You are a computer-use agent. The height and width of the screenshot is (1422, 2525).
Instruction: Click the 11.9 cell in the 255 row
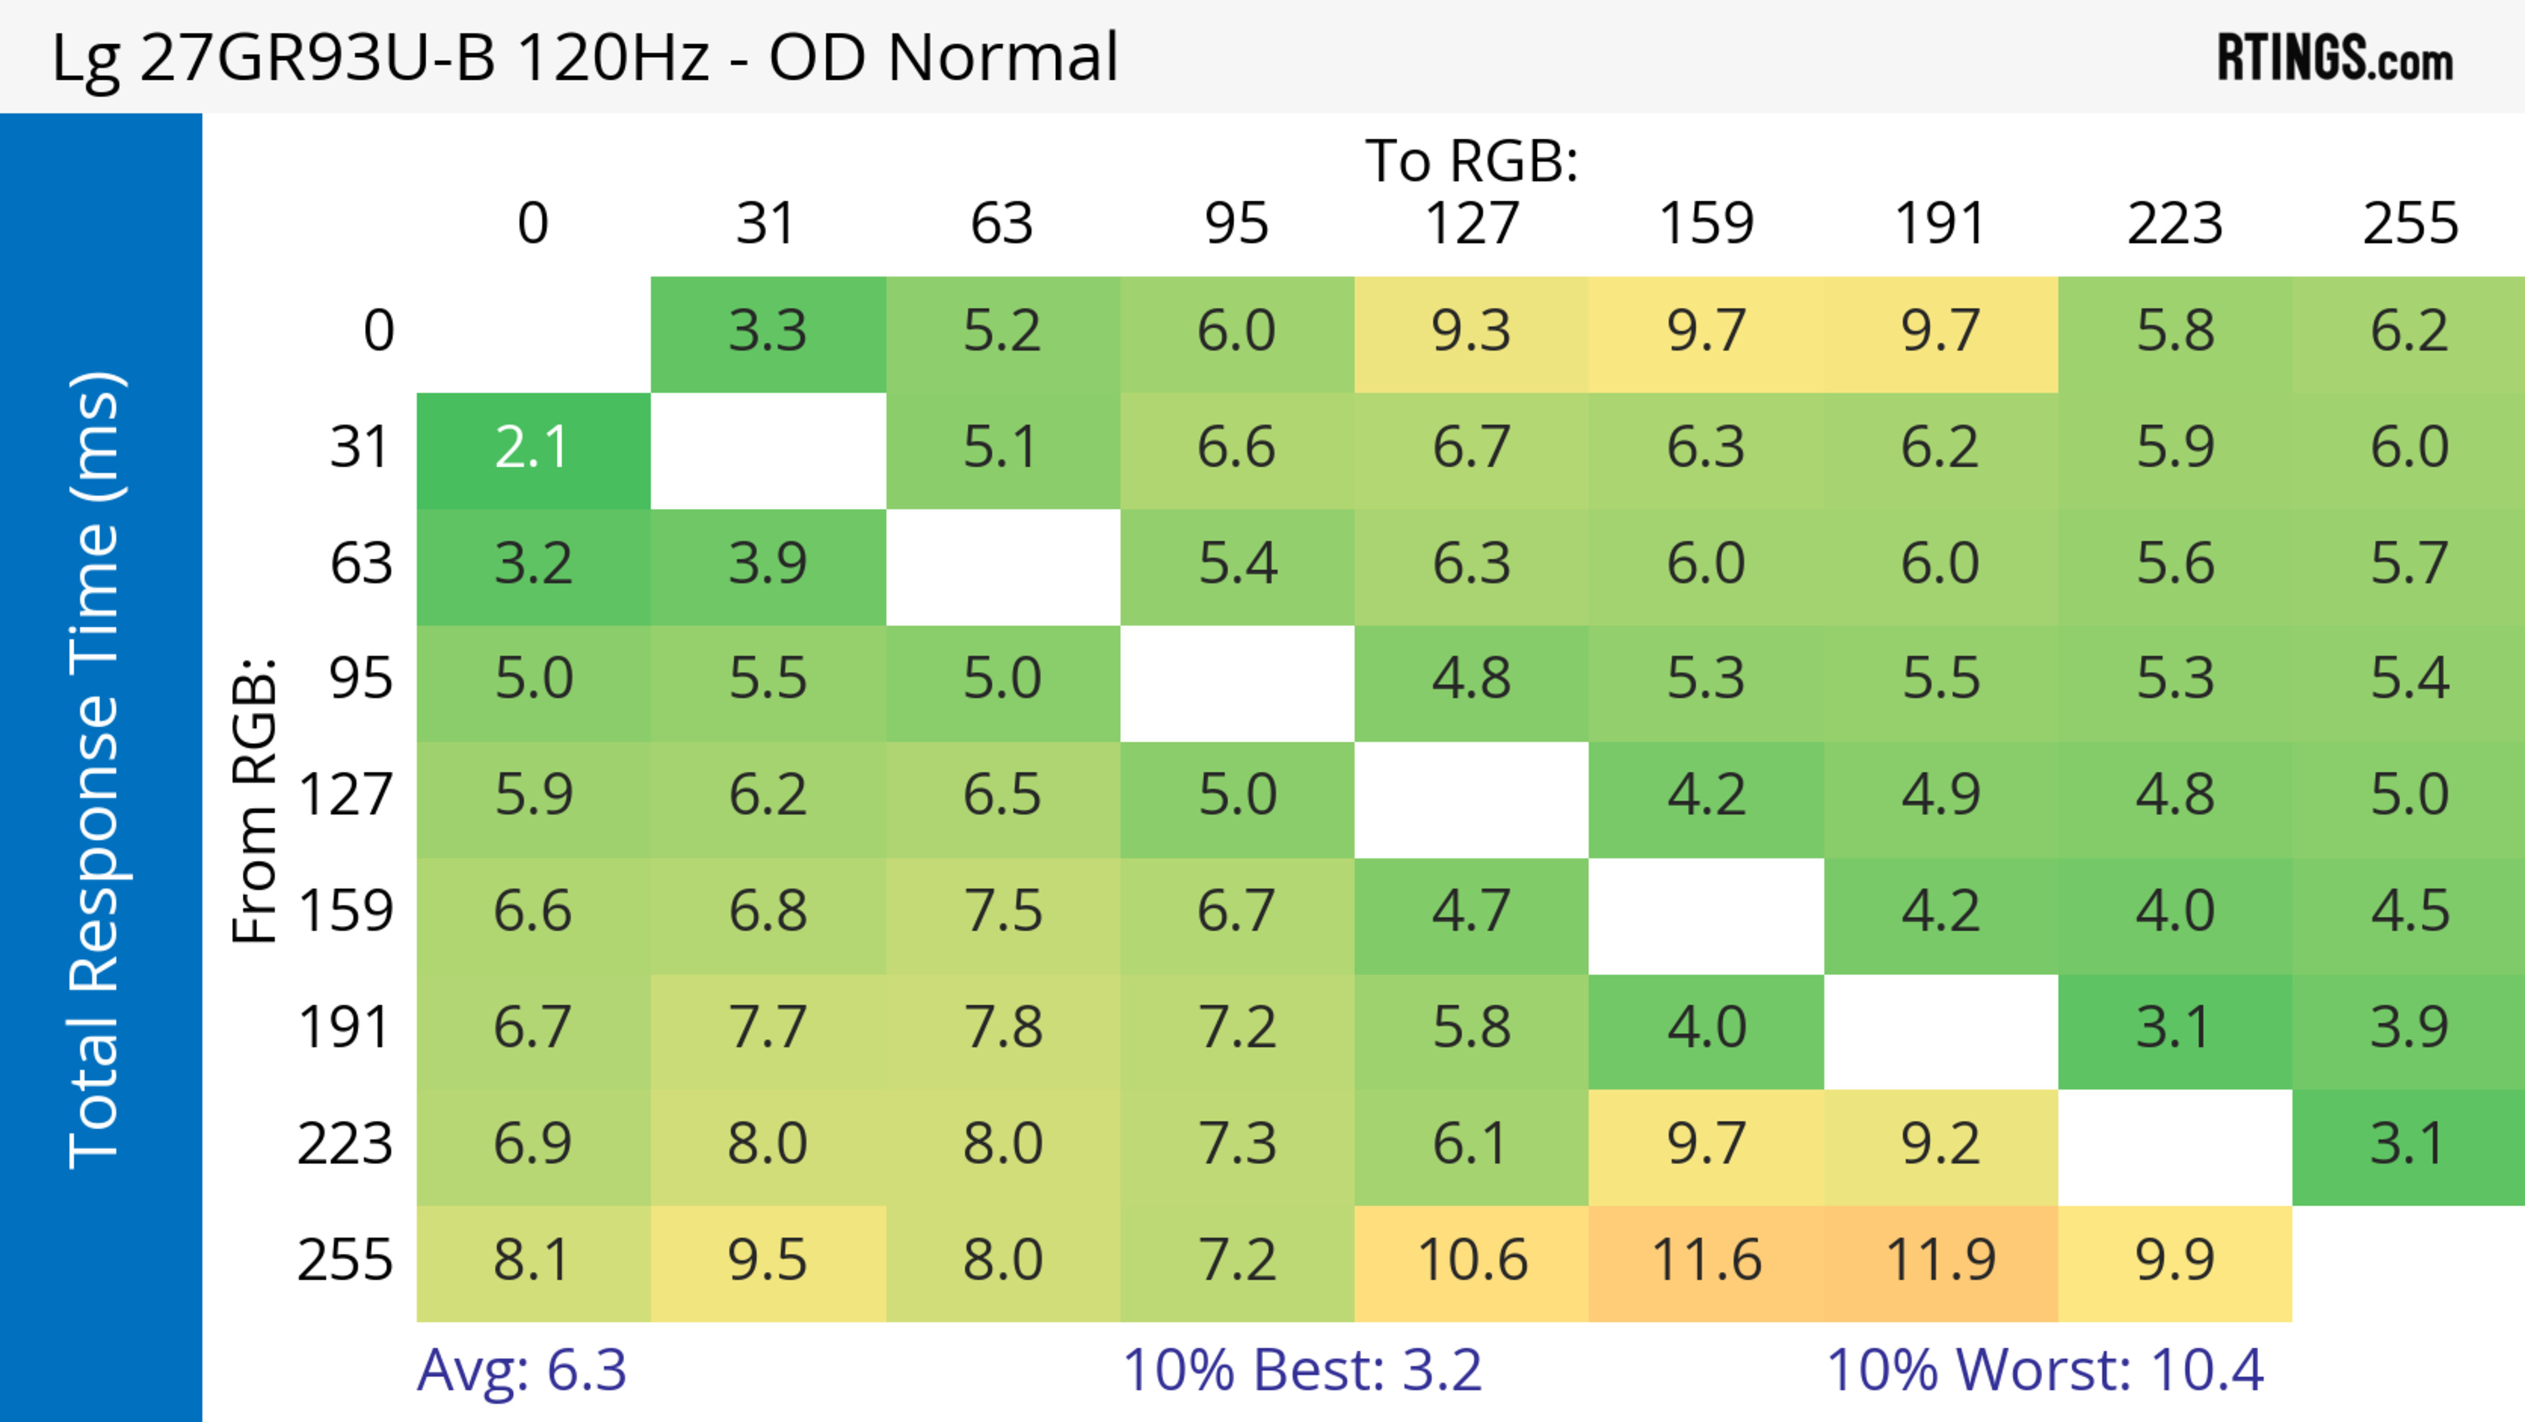point(1940,1260)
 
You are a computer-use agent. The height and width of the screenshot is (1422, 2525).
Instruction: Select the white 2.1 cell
point(532,448)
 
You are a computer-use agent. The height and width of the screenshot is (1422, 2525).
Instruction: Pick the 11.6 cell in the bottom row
point(1706,1260)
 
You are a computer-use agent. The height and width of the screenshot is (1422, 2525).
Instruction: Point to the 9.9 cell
point(2174,1260)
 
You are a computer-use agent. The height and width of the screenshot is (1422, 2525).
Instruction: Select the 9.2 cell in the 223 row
point(1940,1144)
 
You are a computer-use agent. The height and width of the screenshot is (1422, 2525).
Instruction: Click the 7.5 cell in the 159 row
point(1001,912)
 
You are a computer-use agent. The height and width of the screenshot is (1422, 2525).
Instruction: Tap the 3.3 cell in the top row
point(767,332)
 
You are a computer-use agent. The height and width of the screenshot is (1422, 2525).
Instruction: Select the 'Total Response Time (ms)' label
point(95,770)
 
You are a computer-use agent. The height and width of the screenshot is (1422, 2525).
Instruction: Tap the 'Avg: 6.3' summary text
point(521,1370)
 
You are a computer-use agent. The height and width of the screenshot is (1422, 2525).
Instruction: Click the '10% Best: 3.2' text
point(1302,1370)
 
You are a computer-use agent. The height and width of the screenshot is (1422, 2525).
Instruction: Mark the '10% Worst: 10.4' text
point(2045,1370)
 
